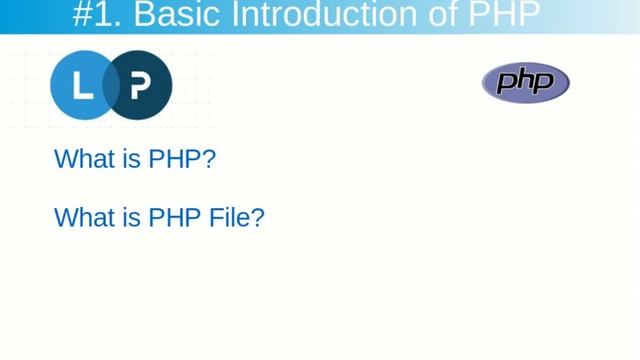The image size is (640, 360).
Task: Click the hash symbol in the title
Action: coord(84,15)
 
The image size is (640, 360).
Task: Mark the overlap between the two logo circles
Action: coord(111,86)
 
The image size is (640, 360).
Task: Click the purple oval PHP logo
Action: coord(525,82)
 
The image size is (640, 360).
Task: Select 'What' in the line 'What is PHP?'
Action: coord(83,159)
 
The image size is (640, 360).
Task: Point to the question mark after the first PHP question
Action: coord(209,159)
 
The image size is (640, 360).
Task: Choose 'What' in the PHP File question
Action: coord(83,217)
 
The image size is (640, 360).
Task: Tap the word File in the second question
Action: coord(229,217)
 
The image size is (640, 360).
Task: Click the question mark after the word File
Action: coord(258,217)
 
